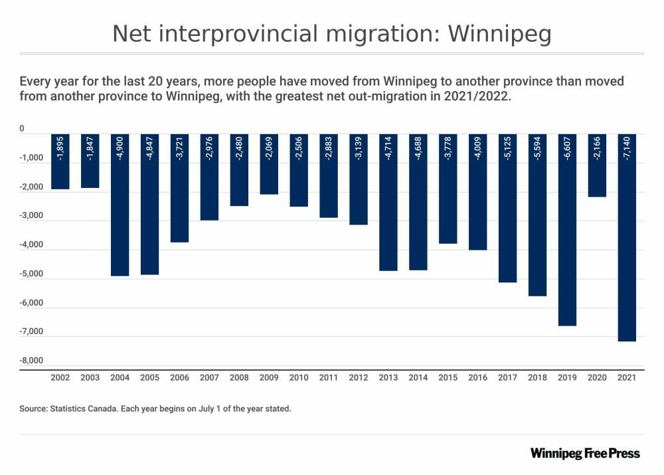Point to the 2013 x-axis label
(388, 377)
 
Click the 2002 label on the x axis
(60, 377)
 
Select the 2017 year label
(507, 377)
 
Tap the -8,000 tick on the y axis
(32, 361)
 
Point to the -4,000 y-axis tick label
(32, 245)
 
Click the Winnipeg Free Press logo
(585, 454)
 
